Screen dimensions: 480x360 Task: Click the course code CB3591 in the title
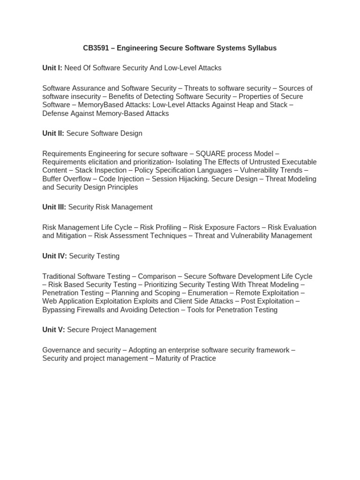[x=97, y=48]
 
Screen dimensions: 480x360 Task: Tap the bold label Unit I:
[x=52, y=68]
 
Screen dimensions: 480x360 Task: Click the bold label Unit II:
[x=53, y=133]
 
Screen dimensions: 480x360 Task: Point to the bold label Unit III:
[x=54, y=207]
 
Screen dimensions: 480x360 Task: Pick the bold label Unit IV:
[x=55, y=256]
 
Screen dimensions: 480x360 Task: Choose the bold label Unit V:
[x=54, y=330]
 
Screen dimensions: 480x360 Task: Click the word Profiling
[x=167, y=227]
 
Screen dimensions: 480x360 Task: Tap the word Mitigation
[x=71, y=235]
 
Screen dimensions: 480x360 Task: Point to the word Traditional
[x=59, y=276]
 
